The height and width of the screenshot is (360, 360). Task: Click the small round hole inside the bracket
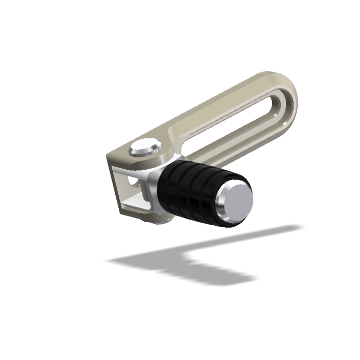133,183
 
